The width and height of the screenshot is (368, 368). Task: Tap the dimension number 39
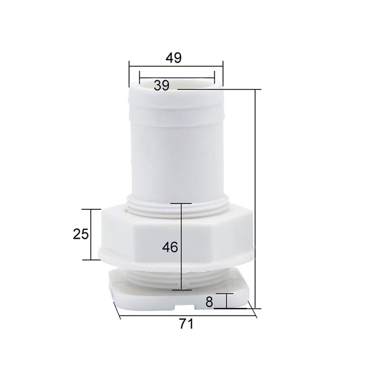click(x=161, y=86)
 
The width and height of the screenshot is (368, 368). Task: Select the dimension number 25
click(x=81, y=234)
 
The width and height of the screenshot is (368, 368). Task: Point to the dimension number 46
click(x=170, y=247)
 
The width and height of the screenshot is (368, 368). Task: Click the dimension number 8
click(x=209, y=302)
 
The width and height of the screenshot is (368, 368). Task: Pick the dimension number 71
click(x=186, y=324)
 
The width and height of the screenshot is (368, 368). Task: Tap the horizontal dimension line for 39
click(x=191, y=78)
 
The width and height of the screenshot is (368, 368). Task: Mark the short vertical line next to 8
click(x=226, y=301)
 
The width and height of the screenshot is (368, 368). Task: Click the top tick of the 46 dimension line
click(x=181, y=203)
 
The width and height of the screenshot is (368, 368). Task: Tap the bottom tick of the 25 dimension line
click(x=91, y=259)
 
